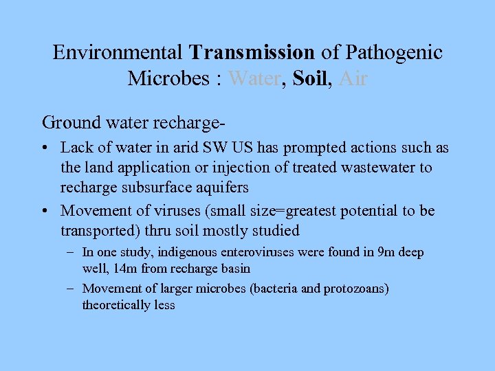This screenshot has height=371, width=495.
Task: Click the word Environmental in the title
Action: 118,52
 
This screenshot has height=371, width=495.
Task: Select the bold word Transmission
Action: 252,52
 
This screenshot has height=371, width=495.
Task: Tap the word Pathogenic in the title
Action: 395,52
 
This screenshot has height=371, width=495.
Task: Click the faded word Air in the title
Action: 353,79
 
